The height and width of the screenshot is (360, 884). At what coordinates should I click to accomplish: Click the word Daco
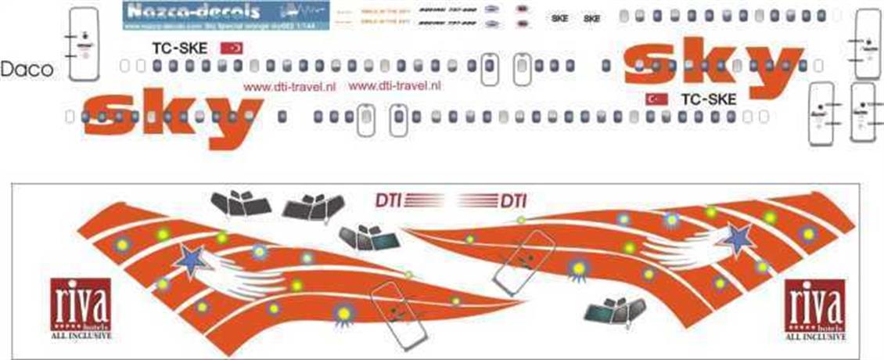(x=27, y=70)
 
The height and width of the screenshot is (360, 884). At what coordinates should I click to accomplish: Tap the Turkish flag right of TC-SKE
(x=233, y=49)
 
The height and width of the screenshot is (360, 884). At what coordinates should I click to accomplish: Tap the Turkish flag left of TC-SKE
(x=656, y=99)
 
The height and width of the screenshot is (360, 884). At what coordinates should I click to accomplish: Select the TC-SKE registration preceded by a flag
(x=709, y=99)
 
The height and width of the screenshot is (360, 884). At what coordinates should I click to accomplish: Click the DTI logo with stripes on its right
(x=388, y=200)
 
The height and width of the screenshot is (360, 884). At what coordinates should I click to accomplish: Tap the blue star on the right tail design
(x=738, y=239)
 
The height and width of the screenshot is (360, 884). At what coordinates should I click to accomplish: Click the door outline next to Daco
(x=82, y=44)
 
